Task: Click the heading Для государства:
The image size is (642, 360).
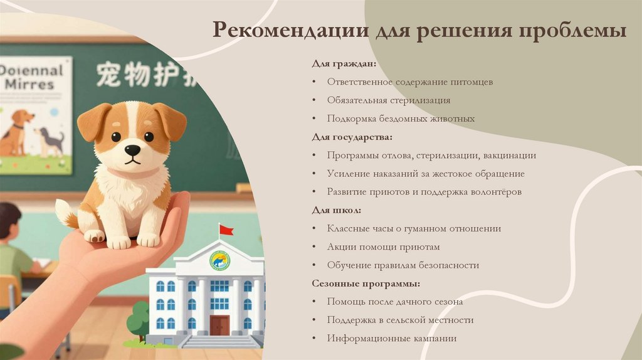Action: click(x=352, y=137)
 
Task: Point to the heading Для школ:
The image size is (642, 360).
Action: click(x=336, y=210)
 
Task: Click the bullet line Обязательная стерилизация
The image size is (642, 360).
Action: click(x=388, y=100)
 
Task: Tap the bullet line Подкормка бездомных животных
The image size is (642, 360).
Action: click(x=401, y=119)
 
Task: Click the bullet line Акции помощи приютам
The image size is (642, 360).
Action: click(x=383, y=247)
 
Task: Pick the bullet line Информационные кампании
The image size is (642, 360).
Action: click(x=391, y=339)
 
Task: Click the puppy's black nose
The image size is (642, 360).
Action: click(x=132, y=150)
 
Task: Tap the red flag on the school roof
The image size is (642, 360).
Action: click(x=226, y=230)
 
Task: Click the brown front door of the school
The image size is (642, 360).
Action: click(x=219, y=326)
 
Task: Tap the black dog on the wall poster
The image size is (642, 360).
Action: click(x=51, y=139)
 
